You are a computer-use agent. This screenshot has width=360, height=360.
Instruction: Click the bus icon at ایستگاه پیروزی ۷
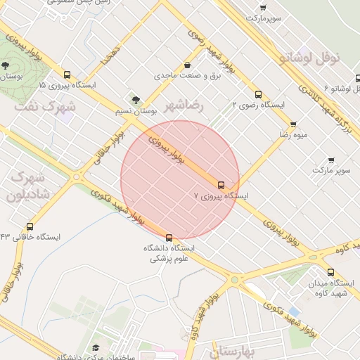click(x=221, y=186)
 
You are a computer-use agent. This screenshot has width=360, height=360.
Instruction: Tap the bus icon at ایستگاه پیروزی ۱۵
click(x=67, y=75)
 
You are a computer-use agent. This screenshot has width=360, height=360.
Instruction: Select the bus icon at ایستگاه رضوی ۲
click(x=258, y=94)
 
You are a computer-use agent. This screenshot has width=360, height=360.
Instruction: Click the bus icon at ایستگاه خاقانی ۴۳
click(x=30, y=226)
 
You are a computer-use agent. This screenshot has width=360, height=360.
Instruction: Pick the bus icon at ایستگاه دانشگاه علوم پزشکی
click(x=169, y=238)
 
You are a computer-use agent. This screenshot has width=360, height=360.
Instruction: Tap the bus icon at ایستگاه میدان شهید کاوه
click(x=330, y=272)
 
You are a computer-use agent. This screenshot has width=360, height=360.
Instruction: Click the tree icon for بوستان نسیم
click(x=136, y=101)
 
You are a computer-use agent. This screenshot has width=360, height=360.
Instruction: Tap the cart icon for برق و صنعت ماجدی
click(x=186, y=65)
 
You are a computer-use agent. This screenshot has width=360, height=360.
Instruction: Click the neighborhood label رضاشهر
click(x=184, y=105)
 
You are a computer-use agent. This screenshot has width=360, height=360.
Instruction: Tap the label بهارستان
click(x=219, y=350)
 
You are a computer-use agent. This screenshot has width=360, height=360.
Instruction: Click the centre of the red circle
click(x=180, y=180)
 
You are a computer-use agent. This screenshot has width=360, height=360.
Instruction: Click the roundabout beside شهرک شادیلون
click(x=76, y=177)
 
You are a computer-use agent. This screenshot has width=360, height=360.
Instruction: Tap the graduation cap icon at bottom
click(x=96, y=348)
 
